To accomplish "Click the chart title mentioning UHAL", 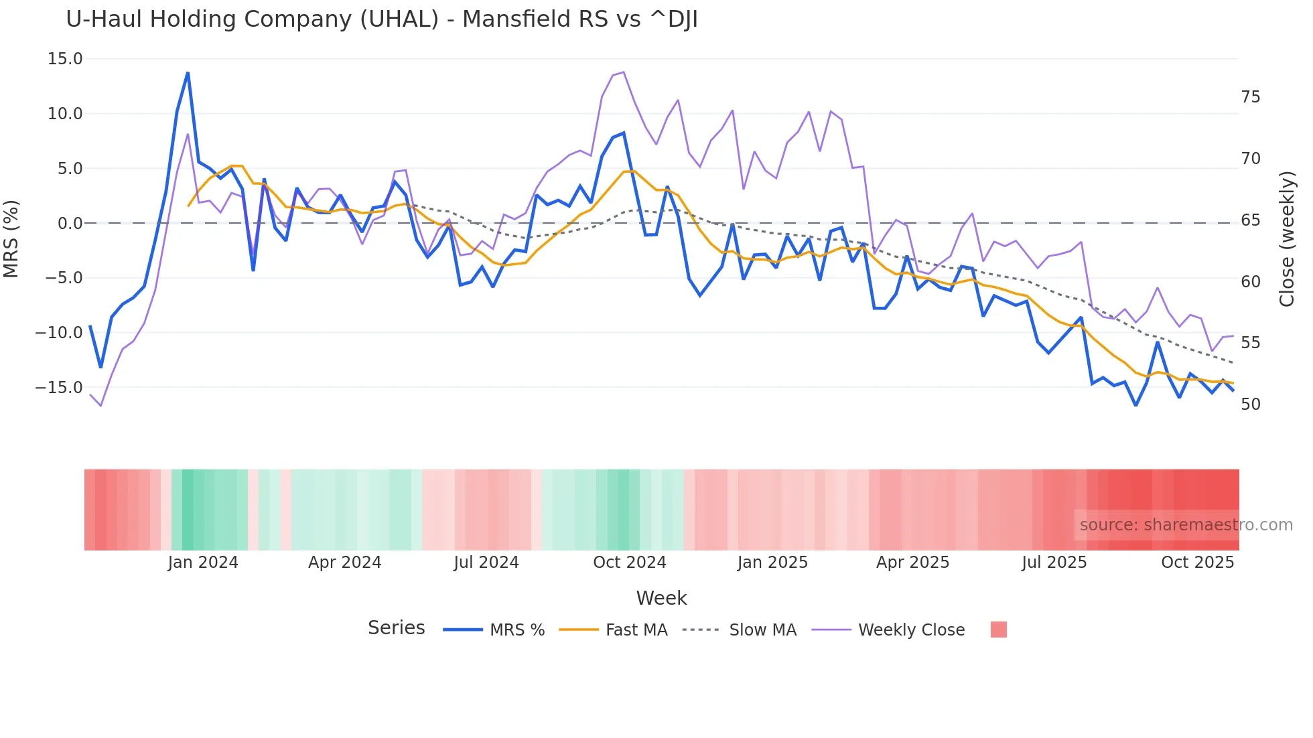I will coord(381,19).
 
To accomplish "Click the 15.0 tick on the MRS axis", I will coord(65,59).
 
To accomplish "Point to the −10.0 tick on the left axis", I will coord(59,333).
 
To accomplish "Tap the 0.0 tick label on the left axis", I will coord(70,224).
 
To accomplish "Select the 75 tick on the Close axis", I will coord(1250,98).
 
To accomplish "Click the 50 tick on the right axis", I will coord(1250,404).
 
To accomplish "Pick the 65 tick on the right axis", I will coord(1250,220).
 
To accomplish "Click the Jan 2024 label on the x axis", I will coord(202,563).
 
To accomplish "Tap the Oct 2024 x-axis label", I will coord(629,563).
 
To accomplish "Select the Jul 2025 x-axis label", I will coord(1054,563).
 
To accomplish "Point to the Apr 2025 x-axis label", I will coord(912,563).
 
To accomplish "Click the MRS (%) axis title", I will coord(11,238).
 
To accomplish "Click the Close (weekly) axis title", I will coord(1286,239).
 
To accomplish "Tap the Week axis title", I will coord(661,598).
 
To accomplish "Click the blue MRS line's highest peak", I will coord(188,72).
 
